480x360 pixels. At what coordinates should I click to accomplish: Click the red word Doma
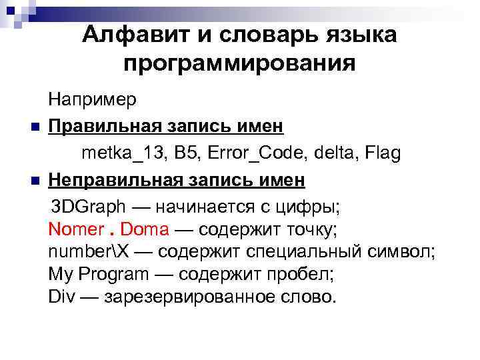point(145,231)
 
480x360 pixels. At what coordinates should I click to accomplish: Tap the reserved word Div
point(62,296)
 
